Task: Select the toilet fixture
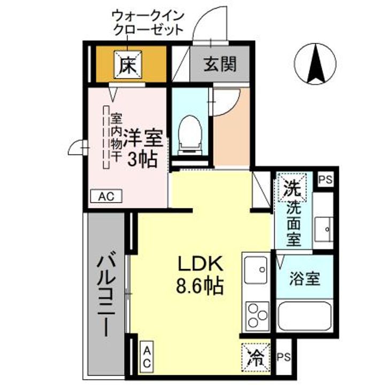point(189,132)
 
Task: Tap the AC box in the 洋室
point(106,196)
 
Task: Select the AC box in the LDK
point(147,356)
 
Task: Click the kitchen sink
point(256,270)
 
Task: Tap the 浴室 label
point(305,278)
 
